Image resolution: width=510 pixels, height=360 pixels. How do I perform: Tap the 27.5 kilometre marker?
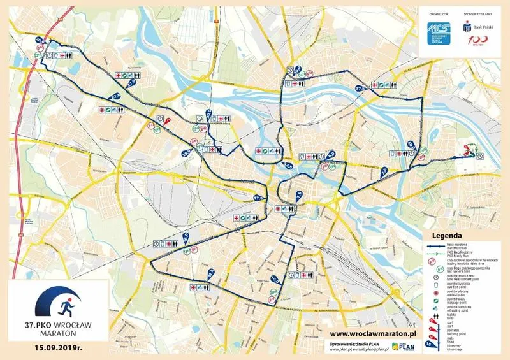132,82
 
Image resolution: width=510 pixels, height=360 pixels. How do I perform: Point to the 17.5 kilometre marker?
258,198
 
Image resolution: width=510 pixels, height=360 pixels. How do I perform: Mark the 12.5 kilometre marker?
210,275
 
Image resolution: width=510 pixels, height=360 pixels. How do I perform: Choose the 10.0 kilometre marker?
275,279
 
